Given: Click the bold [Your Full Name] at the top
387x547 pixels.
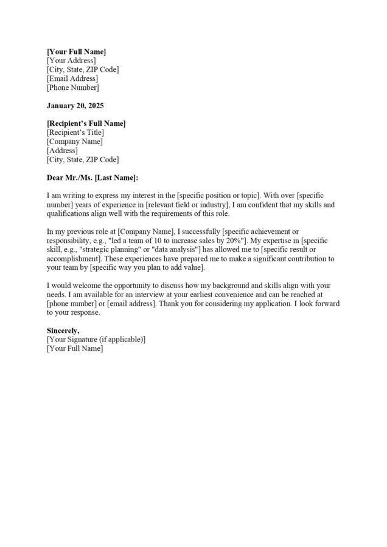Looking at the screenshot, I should tap(76, 52).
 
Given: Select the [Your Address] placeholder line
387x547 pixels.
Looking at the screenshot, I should tap(71, 61).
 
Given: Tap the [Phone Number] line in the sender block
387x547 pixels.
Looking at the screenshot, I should tap(72, 88).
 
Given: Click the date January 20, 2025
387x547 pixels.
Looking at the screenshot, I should tap(75, 106).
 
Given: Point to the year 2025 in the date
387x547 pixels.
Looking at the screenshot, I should tap(95, 106).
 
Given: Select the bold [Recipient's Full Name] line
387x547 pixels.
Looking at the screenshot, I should tap(86, 123).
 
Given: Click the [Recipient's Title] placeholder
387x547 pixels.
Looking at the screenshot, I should tap(75, 132).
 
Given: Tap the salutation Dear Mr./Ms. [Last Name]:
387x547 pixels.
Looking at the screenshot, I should tap(92, 177).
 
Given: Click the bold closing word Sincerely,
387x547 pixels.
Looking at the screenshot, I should tap(63, 330).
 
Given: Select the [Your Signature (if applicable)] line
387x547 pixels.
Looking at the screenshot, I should tap(96, 339).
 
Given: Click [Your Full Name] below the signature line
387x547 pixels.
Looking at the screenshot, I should tap(75, 348).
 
